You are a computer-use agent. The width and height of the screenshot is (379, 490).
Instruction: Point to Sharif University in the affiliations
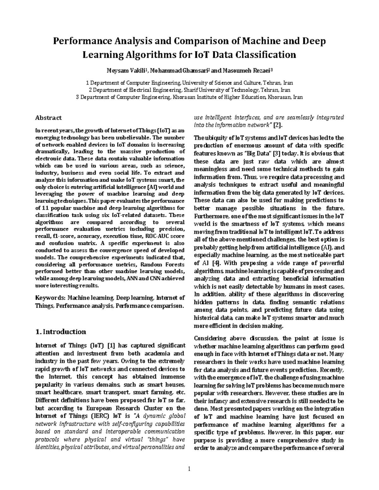pyautogui.click(x=201, y=90)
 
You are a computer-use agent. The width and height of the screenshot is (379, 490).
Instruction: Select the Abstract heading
pyautogui.click(x=48, y=118)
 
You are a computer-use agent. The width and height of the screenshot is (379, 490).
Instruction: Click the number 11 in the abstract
pyautogui.click(x=45, y=208)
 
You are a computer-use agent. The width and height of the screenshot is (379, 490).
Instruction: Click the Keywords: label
pyautogui.click(x=51, y=298)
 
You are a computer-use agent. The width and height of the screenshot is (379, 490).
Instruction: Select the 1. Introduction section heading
pyautogui.click(x=61, y=332)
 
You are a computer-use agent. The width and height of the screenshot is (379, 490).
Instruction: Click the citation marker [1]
pyautogui.click(x=111, y=345)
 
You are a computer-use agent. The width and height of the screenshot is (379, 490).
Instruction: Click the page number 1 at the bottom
pyautogui.click(x=189, y=469)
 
